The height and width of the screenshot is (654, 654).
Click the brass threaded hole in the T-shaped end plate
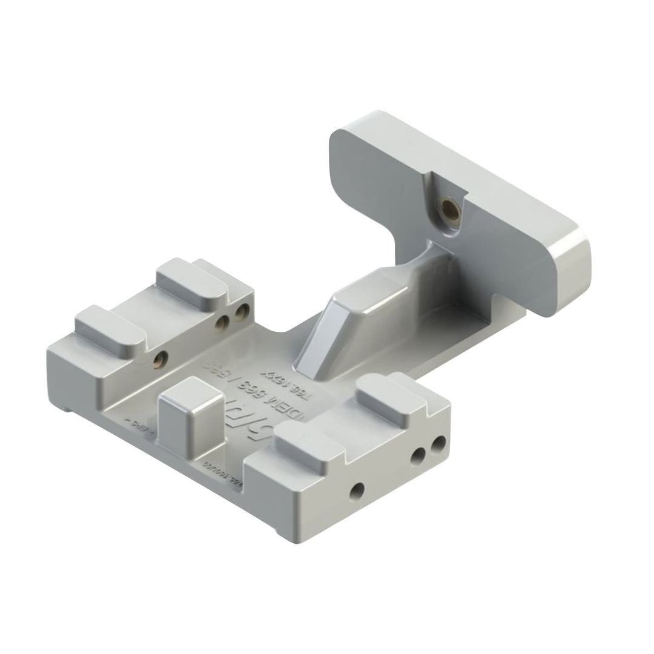pyautogui.click(x=449, y=209)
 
